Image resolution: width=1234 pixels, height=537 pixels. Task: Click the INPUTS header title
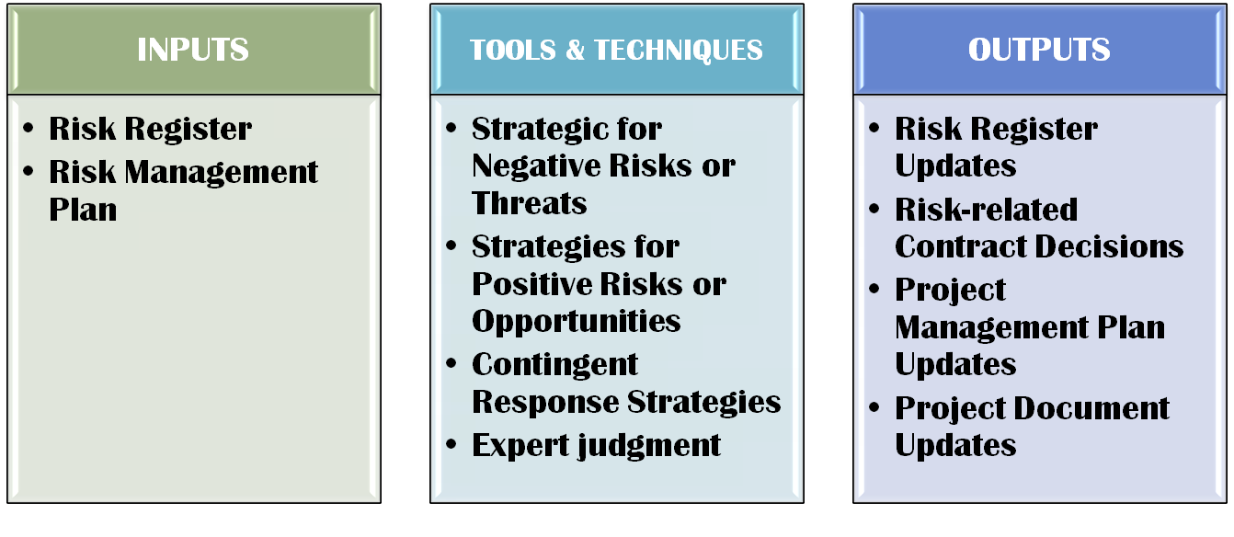[193, 50]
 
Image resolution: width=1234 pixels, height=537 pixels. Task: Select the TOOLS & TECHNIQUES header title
[616, 51]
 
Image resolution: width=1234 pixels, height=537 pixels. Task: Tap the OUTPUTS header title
[1039, 50]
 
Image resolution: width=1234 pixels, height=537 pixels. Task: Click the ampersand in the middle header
[575, 51]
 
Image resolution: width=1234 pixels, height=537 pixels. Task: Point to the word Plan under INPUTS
[83, 210]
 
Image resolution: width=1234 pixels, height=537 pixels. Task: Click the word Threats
[529, 202]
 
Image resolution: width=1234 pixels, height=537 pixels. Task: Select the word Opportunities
[577, 321]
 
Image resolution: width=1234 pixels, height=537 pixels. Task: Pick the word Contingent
[554, 365]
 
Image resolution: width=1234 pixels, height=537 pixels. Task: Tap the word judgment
[649, 446]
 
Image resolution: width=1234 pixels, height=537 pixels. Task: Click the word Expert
[520, 446]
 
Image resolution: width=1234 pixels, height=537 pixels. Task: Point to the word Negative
[536, 166]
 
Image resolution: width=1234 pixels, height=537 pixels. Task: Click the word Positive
[531, 283]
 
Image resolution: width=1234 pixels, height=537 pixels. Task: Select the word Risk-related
[986, 210]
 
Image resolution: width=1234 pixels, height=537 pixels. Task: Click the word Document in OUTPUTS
[1091, 408]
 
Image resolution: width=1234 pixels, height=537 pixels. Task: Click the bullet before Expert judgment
[451, 443]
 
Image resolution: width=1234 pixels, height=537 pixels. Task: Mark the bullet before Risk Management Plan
[29, 171]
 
